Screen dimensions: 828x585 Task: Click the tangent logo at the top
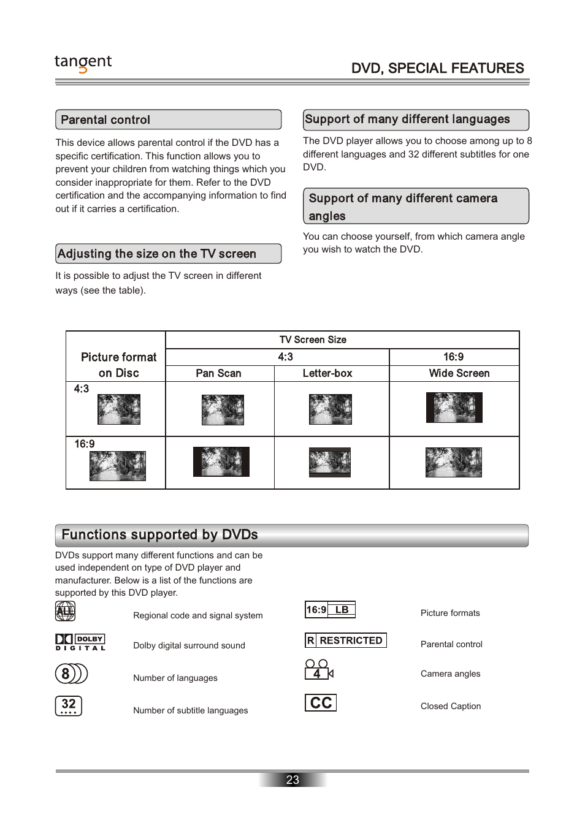[x=83, y=63]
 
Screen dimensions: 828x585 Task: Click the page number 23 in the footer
[x=292, y=780]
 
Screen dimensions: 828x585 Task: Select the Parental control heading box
[x=168, y=120]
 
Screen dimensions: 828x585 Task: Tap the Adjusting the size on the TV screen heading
[x=168, y=254]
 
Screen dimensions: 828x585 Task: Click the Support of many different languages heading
[x=415, y=120]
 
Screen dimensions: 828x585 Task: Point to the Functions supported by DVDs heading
[x=291, y=535]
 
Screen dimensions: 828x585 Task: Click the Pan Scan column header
[x=218, y=373]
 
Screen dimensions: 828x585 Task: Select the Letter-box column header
[x=327, y=373]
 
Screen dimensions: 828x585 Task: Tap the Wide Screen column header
[x=459, y=373]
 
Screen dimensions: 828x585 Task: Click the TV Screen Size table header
[x=313, y=340]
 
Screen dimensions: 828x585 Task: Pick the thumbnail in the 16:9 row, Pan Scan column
[x=221, y=461]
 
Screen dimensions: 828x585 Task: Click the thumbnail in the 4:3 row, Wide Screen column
[x=454, y=408]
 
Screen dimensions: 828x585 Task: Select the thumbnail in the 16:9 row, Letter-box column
[x=330, y=462]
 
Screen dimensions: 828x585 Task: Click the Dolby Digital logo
[x=80, y=642]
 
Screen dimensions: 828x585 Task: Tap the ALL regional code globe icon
[x=65, y=611]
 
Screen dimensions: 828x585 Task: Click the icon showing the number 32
[x=69, y=705]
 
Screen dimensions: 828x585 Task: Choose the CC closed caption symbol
[x=321, y=703]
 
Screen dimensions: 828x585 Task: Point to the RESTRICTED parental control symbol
[x=346, y=640]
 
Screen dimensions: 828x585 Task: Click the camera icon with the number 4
[x=318, y=669]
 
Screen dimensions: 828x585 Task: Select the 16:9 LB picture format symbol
[x=330, y=610]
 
